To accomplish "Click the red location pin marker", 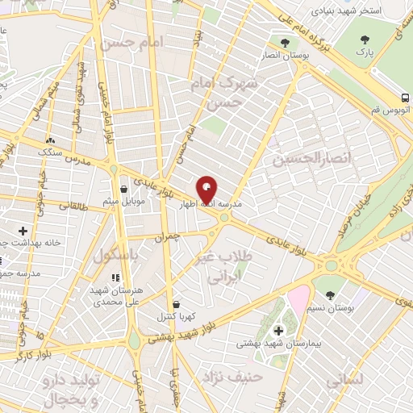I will (x=207, y=189).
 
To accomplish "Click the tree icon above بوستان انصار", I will (x=283, y=42).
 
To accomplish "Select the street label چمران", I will (x=162, y=237).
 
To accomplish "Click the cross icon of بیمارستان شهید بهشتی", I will (x=278, y=331).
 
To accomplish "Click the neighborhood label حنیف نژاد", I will (x=232, y=377).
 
